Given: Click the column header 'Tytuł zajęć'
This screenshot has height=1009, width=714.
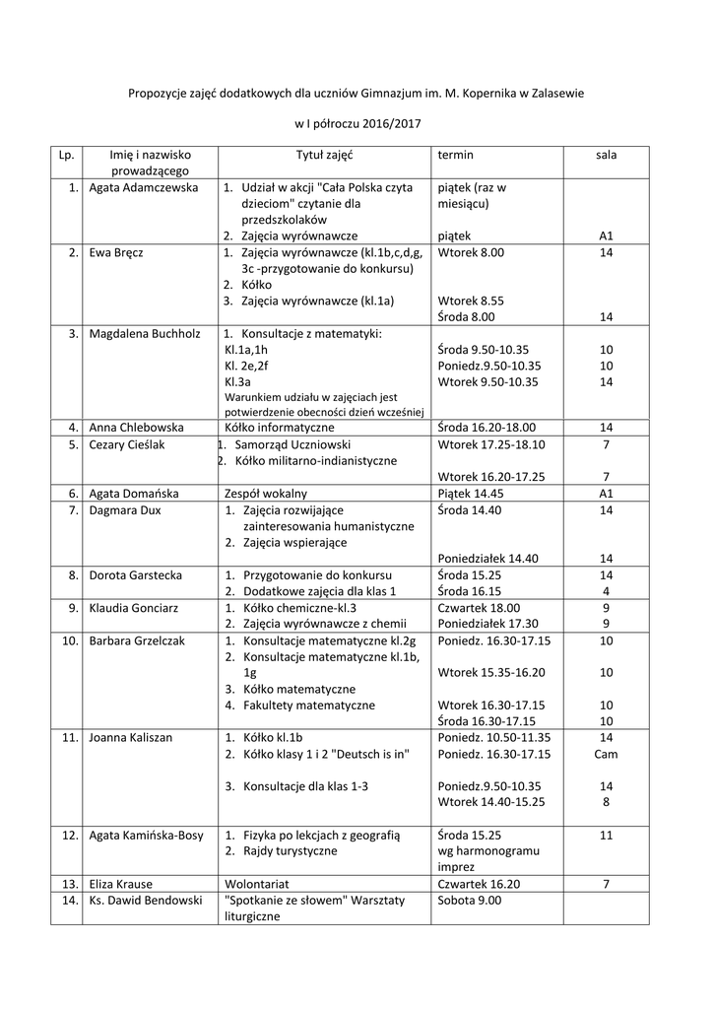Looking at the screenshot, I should click(x=324, y=155).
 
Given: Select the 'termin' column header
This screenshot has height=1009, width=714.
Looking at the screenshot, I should click(x=455, y=155).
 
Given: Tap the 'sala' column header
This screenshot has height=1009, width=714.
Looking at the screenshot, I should click(x=606, y=155).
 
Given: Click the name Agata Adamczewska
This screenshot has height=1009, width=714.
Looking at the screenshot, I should click(x=143, y=187).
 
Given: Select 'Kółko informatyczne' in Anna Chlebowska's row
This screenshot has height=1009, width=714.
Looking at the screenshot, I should click(x=279, y=428).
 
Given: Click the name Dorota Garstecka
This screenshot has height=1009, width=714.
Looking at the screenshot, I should click(x=135, y=573).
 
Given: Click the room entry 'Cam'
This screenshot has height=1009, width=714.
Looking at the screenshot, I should click(x=606, y=754).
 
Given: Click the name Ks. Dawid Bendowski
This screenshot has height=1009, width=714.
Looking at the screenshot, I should click(x=145, y=901).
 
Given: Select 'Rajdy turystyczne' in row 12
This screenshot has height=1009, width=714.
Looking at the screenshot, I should click(x=289, y=850).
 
